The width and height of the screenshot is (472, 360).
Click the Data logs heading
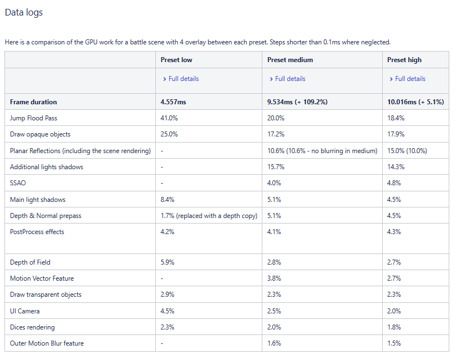(x=24, y=12)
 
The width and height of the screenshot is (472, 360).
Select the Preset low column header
(x=176, y=60)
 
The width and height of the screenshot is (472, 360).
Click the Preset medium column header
(x=290, y=60)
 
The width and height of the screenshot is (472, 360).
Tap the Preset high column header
(x=404, y=60)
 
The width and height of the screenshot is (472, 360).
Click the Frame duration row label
(x=33, y=102)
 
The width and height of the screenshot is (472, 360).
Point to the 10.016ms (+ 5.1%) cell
(x=415, y=102)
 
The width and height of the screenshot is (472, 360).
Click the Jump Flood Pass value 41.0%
(x=169, y=118)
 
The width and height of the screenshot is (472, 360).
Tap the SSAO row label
(x=18, y=183)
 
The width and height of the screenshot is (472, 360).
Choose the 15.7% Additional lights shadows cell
(x=276, y=167)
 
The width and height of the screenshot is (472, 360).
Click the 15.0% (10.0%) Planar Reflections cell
(x=407, y=151)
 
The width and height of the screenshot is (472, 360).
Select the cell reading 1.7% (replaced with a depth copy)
(x=209, y=216)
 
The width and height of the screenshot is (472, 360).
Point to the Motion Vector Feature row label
(x=42, y=278)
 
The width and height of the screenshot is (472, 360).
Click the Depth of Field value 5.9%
(x=168, y=262)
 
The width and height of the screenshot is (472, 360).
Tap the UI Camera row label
(x=25, y=311)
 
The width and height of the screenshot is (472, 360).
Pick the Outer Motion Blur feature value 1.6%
(x=274, y=343)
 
